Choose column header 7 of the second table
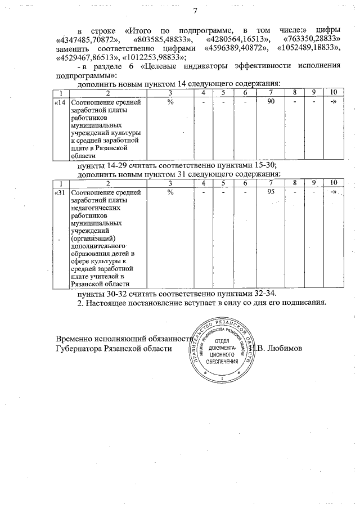271,183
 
